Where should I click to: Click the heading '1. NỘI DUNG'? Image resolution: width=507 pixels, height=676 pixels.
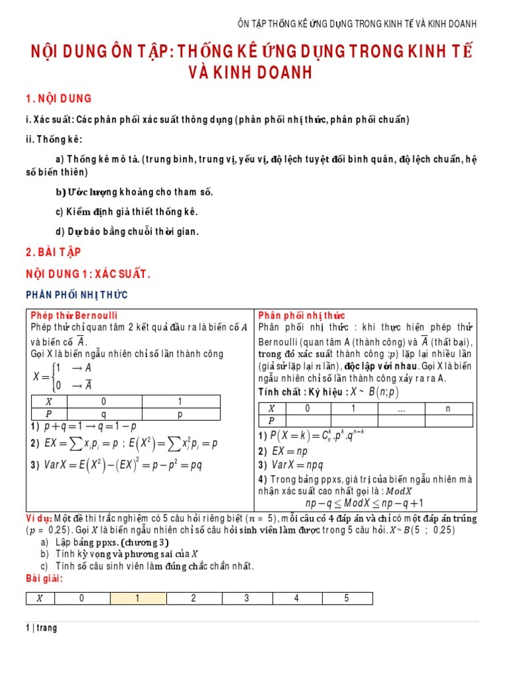59,98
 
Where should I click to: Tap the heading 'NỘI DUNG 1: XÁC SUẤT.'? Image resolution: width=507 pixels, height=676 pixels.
88,273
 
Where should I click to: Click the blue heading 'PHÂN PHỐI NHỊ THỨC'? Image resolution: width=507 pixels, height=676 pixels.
77,294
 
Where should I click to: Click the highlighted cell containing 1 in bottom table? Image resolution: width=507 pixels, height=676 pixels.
138,599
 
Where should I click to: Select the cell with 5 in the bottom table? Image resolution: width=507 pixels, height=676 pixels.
346,599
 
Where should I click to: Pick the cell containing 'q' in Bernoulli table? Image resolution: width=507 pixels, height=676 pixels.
103,413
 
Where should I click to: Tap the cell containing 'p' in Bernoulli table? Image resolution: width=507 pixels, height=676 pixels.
180,413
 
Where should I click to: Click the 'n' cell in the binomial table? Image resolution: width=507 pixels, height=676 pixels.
448,409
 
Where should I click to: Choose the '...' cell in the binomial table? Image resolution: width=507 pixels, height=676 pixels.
401,409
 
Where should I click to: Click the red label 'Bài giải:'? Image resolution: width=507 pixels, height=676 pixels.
44,578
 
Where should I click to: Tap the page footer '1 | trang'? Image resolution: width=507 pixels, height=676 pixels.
42,628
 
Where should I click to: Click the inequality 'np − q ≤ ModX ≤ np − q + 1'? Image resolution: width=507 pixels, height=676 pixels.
364,504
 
